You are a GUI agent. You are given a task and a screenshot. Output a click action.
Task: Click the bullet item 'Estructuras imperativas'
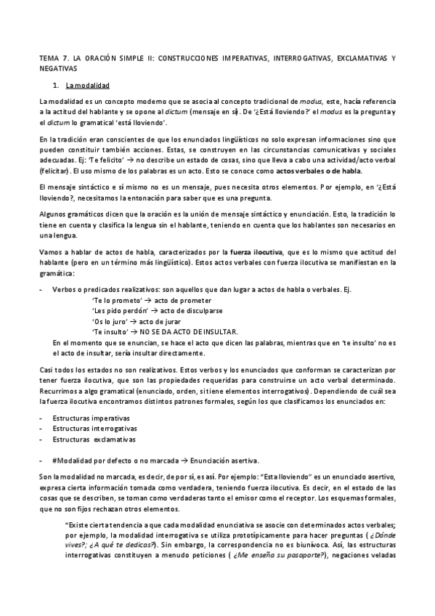(91, 419)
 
